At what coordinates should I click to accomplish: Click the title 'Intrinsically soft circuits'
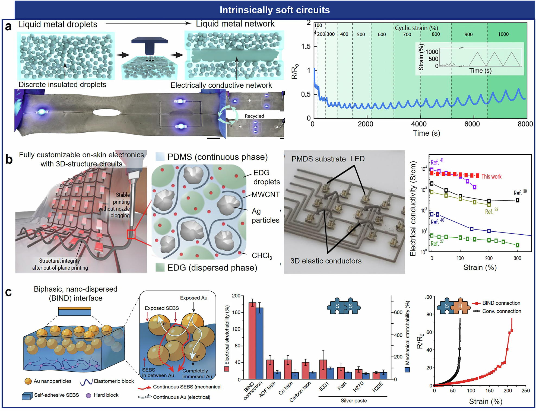point(274,10)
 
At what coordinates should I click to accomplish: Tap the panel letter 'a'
point(8,27)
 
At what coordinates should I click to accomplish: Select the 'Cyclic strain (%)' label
point(416,28)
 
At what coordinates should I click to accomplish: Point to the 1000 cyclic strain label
point(503,34)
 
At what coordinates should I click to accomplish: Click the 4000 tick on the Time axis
point(419,124)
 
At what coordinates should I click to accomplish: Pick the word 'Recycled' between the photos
point(254,116)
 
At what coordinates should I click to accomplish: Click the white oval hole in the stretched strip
point(107,112)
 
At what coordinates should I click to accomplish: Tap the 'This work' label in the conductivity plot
point(491,176)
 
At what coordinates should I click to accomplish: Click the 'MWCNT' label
point(265,195)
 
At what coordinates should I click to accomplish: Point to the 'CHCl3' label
point(262,256)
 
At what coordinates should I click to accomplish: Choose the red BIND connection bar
point(252,340)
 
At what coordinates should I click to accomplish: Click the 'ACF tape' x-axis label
point(267,389)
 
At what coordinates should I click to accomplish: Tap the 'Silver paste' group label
point(353,401)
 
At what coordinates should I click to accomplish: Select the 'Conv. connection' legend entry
point(501,311)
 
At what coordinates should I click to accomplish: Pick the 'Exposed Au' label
point(194,298)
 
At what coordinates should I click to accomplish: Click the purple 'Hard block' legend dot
point(88,395)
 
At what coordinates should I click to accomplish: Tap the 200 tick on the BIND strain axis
point(508,391)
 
